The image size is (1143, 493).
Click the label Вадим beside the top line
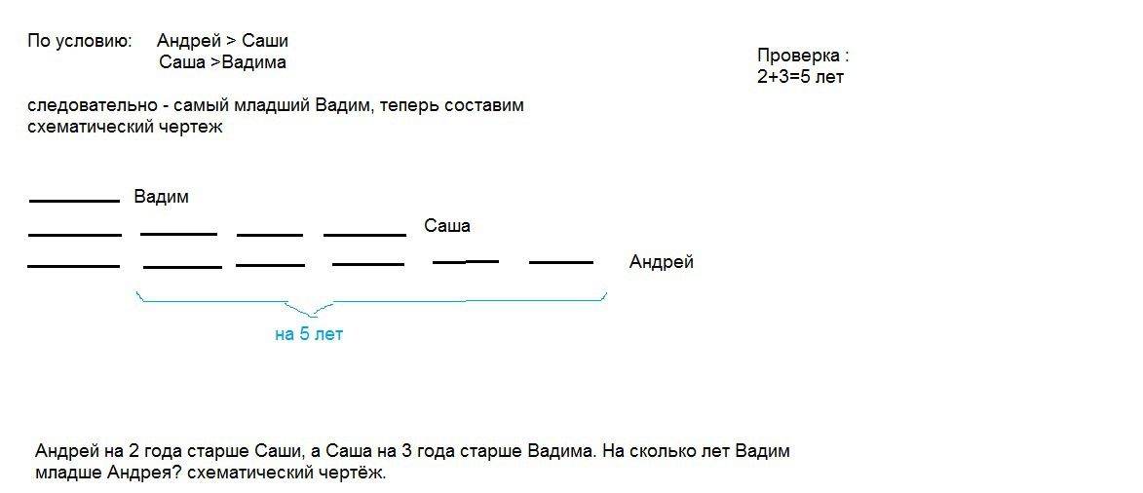[161, 197]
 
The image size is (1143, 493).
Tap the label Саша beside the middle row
[446, 226]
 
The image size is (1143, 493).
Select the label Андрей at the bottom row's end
[661, 262]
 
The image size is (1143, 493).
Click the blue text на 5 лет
[309, 334]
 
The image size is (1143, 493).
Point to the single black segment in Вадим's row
[74, 201]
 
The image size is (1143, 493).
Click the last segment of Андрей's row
[560, 262]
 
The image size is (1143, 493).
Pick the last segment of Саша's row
[364, 234]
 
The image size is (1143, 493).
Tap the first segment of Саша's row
[75, 234]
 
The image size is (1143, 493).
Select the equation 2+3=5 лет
[799, 77]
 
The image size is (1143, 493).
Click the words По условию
[78, 41]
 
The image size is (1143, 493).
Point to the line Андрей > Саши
[222, 41]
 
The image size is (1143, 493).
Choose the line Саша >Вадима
[222, 63]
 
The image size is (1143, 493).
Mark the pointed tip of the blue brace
[312, 315]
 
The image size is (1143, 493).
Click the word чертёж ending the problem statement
[355, 474]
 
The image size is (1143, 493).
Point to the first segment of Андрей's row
[73, 265]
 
